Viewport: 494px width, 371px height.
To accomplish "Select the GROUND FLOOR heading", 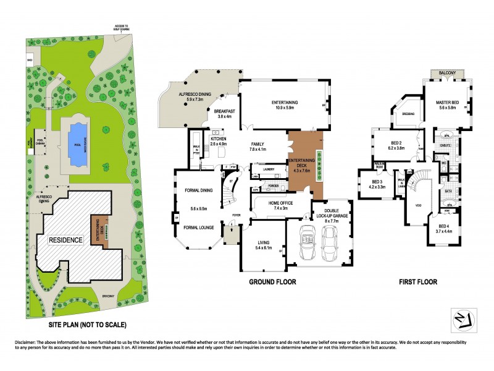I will (272, 281).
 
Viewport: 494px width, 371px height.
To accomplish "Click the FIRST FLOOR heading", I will (417, 281).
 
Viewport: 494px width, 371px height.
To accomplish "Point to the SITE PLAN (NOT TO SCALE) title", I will (88, 324).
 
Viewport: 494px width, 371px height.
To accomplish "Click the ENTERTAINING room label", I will (285, 103).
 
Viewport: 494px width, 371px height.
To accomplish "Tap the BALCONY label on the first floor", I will (447, 73).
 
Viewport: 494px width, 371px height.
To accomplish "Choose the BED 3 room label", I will (377, 184).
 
